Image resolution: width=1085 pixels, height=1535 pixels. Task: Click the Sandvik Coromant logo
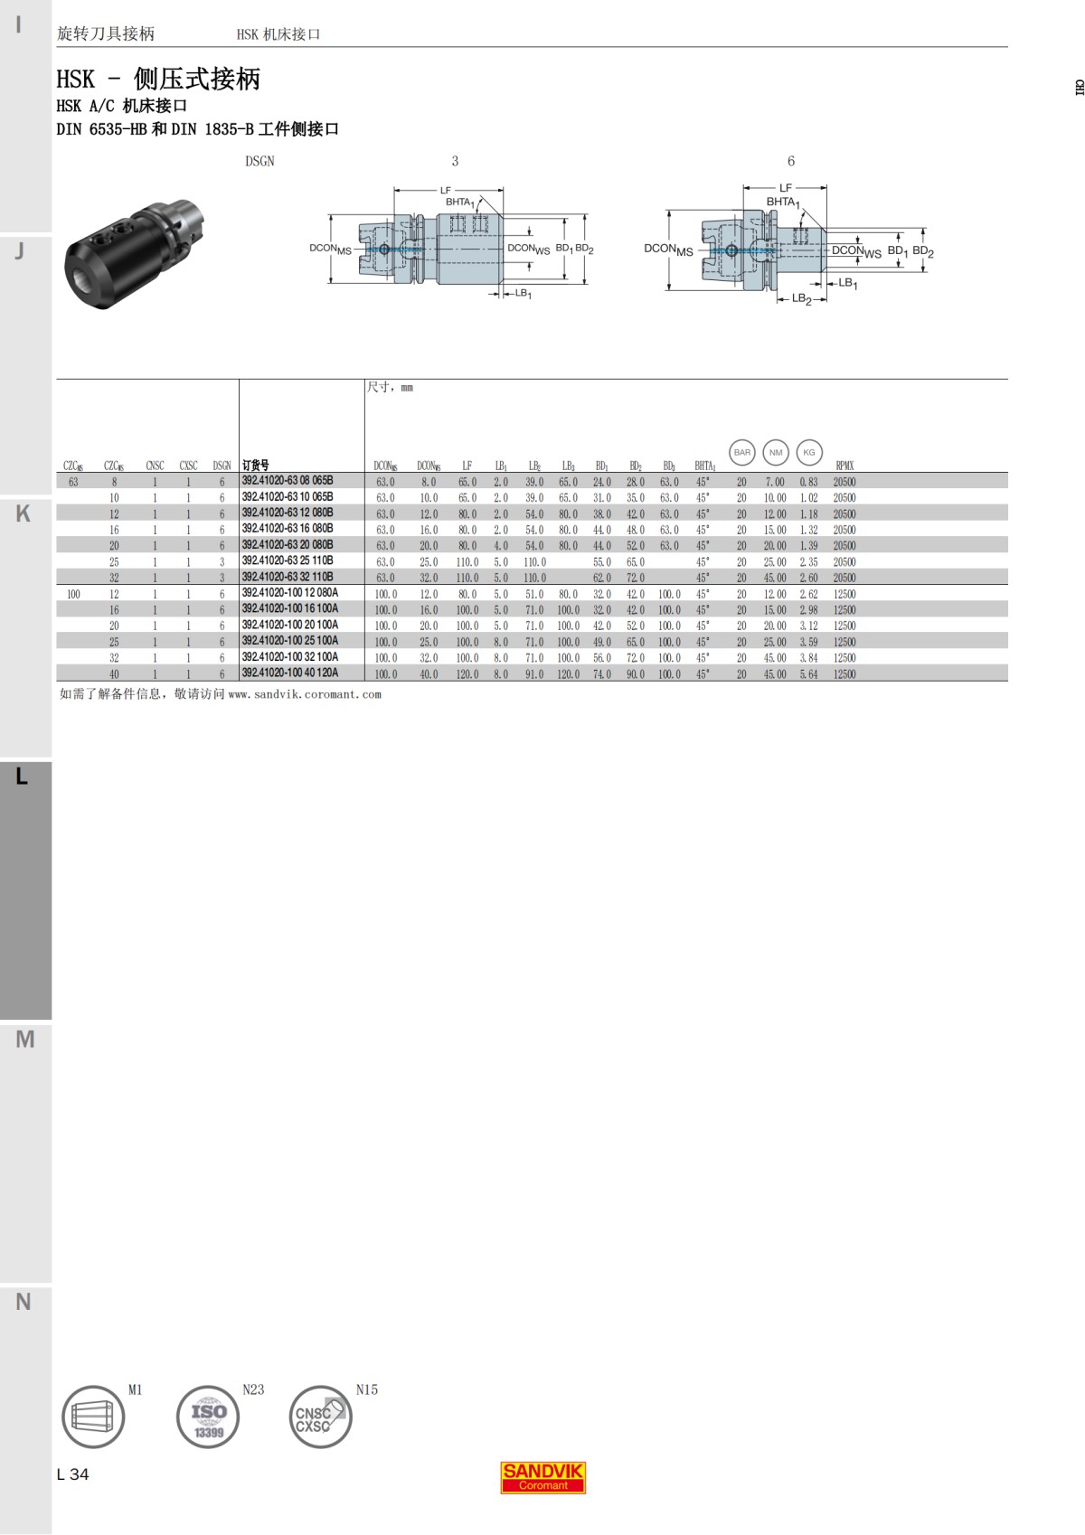coord(542,1477)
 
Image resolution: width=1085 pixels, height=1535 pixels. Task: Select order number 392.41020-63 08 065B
coord(288,481)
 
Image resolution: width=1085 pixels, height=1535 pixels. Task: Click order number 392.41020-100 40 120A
coord(290,673)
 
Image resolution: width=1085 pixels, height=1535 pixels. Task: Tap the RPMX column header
coord(844,466)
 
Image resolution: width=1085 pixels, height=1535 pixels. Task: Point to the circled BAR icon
coord(741,452)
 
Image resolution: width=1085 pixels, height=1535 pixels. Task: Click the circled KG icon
coord(809,452)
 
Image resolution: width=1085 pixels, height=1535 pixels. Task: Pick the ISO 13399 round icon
coord(208,1417)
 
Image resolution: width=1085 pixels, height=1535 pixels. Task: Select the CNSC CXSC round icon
coord(320,1417)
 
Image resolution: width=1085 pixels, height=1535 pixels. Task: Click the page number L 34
coord(72,1474)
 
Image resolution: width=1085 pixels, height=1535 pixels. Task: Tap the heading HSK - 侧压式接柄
coord(158,80)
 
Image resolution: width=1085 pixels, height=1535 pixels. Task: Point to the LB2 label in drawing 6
coord(801,298)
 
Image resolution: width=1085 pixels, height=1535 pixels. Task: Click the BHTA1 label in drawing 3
coord(459,202)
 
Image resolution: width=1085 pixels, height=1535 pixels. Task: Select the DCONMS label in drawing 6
coord(668,250)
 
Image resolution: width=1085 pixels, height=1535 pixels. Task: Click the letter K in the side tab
coord(24,513)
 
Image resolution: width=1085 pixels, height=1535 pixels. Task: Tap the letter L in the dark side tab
coord(23,777)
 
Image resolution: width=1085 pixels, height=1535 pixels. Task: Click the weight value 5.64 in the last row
coord(808,674)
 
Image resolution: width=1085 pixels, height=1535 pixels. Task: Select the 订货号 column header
coord(256,466)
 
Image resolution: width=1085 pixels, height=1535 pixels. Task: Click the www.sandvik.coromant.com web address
coord(305,695)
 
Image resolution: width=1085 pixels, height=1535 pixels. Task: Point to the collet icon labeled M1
coord(93,1417)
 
